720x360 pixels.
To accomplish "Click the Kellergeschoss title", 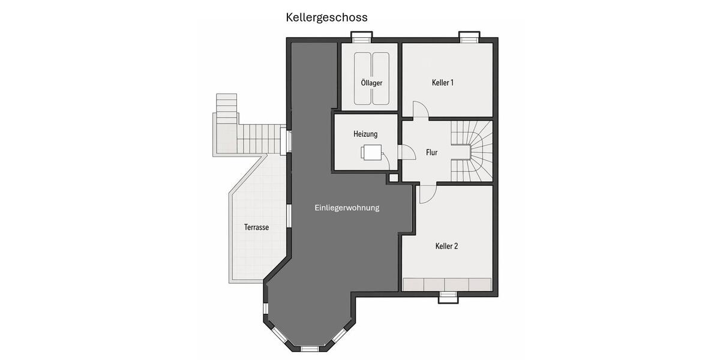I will coord(326,17).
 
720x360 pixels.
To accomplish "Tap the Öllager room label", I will coord(371,83).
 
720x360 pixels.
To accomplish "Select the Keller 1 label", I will coord(443,82).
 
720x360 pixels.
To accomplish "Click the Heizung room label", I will coord(365,134).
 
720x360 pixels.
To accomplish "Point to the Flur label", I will coord(431,152).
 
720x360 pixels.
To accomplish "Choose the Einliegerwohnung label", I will coord(347,208).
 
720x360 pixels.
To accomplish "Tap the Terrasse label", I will coord(256,227).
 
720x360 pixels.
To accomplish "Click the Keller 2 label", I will coord(446,246).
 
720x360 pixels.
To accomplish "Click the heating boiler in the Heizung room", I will coord(372,152).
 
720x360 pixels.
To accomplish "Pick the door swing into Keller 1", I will coord(419,109).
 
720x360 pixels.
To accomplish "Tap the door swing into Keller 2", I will coord(427,194).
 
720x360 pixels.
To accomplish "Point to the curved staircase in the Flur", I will coord(471,149).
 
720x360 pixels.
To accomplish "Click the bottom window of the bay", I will coord(310,348).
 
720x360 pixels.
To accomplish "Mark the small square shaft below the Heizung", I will coord(394,178).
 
